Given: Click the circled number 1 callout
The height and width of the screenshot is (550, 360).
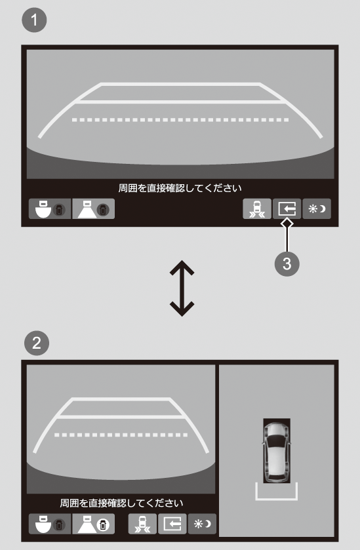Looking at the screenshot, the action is tap(34, 20).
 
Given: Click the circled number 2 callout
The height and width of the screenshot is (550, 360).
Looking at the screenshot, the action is tap(37, 343).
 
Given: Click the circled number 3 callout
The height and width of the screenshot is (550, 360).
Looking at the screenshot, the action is tap(287, 264).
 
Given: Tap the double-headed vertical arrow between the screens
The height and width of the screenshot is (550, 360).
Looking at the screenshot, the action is tap(182, 288).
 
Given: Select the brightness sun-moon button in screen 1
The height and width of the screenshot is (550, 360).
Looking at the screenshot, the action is tap(317, 208).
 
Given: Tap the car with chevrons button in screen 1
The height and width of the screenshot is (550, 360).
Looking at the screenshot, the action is tap(257, 208).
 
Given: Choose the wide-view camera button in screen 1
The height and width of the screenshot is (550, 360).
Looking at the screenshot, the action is tap(50, 208).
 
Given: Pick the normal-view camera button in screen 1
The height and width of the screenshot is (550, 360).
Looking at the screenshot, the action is tap(93, 208).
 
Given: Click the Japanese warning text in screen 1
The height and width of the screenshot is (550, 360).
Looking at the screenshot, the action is tap(180, 188).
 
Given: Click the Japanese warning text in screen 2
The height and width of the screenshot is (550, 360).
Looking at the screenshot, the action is tap(121, 503).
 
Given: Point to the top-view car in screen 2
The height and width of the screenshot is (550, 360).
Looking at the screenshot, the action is tap(277, 451).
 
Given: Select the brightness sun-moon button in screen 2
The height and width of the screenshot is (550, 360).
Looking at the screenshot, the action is tap(202, 524).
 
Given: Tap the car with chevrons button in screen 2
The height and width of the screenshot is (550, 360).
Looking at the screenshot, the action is tap(142, 524).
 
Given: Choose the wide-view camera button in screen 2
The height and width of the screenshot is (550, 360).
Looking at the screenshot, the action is tap(50, 524).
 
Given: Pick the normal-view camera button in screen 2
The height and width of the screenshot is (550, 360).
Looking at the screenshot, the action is tap(93, 524).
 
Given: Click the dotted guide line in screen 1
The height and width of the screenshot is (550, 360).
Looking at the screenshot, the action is tap(180, 120).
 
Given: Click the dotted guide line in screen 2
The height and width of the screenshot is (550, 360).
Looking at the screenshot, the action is tap(121, 435).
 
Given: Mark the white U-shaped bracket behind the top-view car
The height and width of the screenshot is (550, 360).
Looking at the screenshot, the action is tap(277, 498).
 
